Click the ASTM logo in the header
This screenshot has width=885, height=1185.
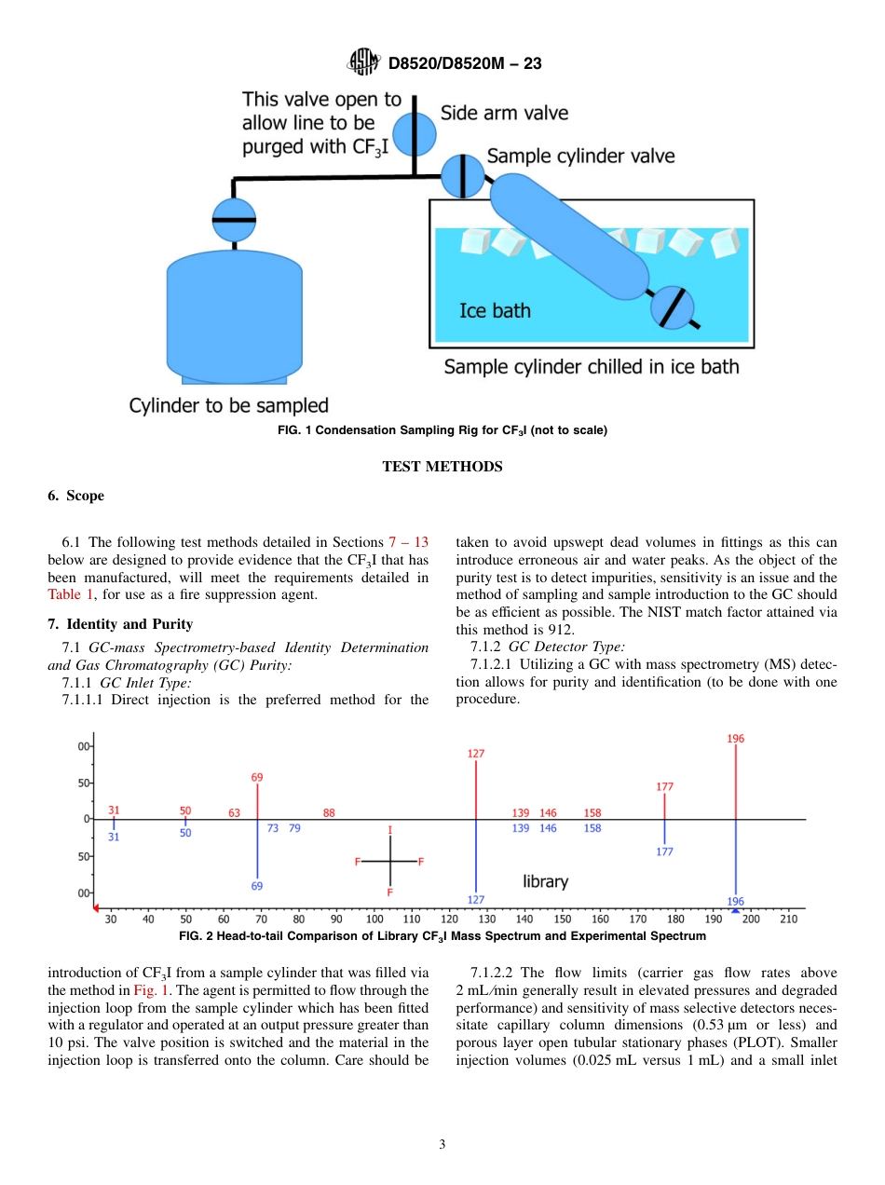click(x=363, y=62)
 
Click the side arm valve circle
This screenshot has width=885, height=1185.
click(x=413, y=134)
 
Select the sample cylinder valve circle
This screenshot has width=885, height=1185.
click(x=461, y=174)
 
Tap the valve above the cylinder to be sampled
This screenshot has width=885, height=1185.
click(x=234, y=221)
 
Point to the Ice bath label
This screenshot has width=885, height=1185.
click(x=495, y=310)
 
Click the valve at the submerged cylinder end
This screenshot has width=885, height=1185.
click(x=672, y=307)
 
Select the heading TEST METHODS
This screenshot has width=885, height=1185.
click(x=442, y=467)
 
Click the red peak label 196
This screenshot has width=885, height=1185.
click(x=735, y=739)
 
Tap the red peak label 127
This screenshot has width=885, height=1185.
click(x=476, y=753)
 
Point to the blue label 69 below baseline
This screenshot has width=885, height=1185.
click(x=256, y=886)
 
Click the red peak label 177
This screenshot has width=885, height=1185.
click(x=664, y=786)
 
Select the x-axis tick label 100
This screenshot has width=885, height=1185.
click(x=374, y=919)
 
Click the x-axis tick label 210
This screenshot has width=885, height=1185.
click(x=788, y=919)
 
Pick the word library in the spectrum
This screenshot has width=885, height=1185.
click(x=545, y=880)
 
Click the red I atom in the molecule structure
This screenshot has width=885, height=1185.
click(x=389, y=829)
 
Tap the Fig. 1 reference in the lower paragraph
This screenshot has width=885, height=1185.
click(x=150, y=990)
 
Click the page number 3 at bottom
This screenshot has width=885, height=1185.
click(x=442, y=1145)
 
